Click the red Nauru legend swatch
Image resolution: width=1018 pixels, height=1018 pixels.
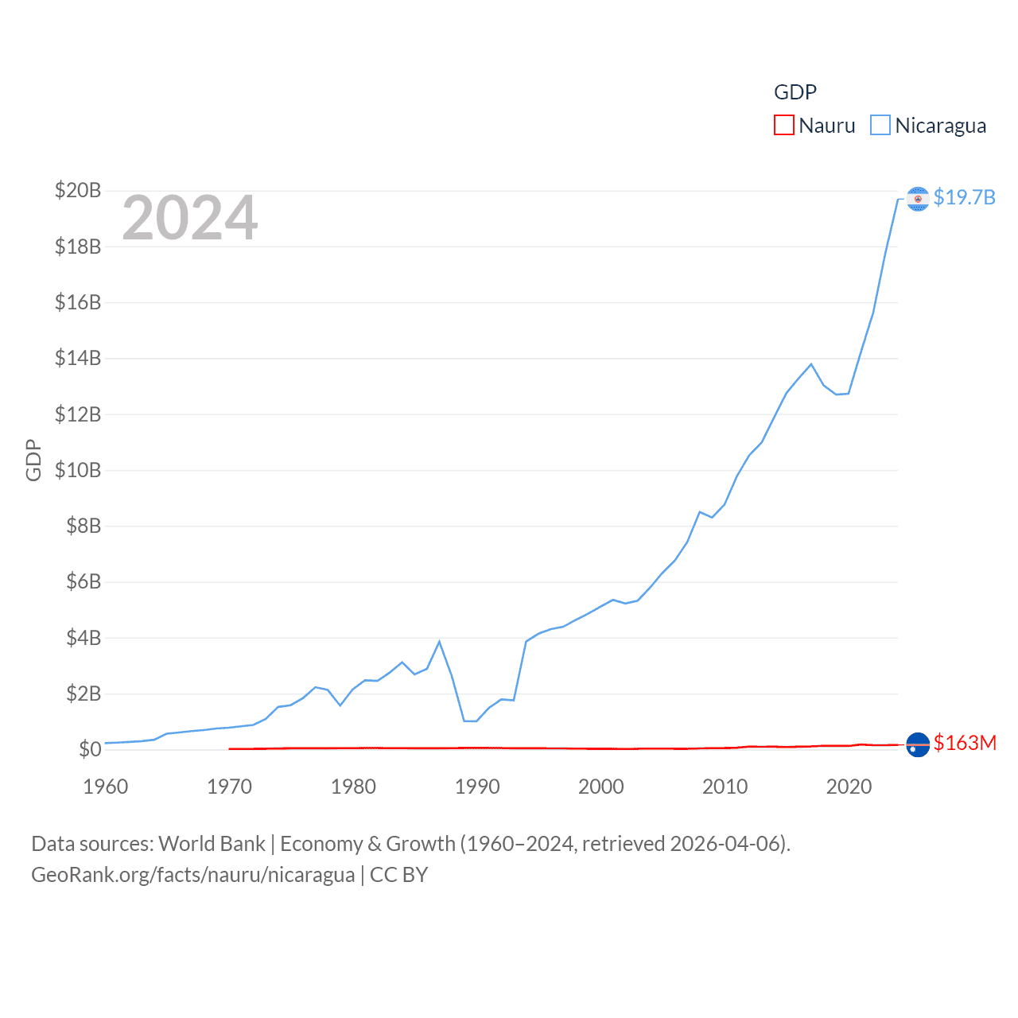[783, 126]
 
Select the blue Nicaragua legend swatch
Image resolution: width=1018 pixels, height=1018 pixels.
[880, 126]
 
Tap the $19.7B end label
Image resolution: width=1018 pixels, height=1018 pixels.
[964, 197]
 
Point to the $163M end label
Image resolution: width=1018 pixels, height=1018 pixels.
[965, 743]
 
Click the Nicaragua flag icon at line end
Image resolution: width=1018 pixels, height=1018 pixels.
[918, 199]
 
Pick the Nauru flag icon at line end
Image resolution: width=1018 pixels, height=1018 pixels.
[918, 745]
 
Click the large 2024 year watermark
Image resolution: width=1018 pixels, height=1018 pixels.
[190, 218]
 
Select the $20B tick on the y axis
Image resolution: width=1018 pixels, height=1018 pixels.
[78, 190]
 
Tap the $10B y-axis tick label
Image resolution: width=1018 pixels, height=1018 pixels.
[78, 470]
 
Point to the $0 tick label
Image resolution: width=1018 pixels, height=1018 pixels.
[90, 749]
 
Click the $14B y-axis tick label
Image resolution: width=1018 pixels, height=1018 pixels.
[78, 358]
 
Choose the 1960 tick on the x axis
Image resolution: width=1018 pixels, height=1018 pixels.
[106, 787]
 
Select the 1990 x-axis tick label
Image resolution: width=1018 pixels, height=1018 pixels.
[477, 787]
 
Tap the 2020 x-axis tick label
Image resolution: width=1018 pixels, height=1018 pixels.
[849, 787]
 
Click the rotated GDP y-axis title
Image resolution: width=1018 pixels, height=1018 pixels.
[33, 460]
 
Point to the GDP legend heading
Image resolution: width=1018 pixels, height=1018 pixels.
[795, 92]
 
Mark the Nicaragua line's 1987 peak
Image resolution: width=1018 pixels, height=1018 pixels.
[439, 642]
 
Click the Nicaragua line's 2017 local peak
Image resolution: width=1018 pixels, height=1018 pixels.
[811, 364]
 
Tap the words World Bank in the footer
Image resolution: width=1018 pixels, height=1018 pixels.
[212, 843]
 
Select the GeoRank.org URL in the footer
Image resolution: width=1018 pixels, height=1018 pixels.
[193, 875]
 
